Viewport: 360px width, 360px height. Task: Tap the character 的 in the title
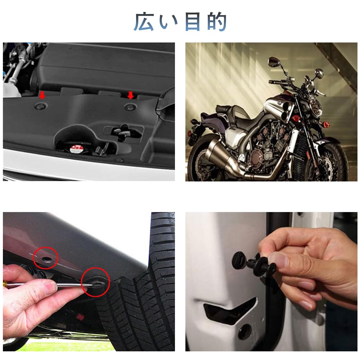pyautogui.click(x=216, y=22)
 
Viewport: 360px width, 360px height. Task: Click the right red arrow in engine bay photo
pyautogui.click(x=130, y=95)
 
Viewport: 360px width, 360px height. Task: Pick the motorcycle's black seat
pyautogui.click(x=230, y=110)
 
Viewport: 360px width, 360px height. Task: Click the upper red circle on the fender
pyautogui.click(x=46, y=258)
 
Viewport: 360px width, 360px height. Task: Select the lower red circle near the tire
pyautogui.click(x=95, y=283)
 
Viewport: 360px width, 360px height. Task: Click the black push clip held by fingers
pyautogui.click(x=252, y=263)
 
